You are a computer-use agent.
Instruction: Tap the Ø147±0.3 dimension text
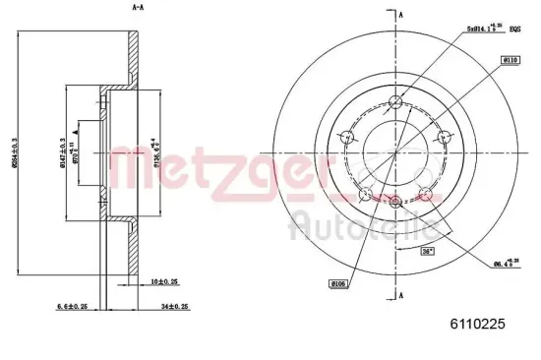(61, 151)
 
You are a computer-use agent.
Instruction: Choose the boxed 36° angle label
(428, 252)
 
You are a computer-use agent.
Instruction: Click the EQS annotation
(514, 30)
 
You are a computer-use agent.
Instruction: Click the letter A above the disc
(401, 14)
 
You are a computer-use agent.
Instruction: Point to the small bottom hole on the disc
(395, 203)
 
